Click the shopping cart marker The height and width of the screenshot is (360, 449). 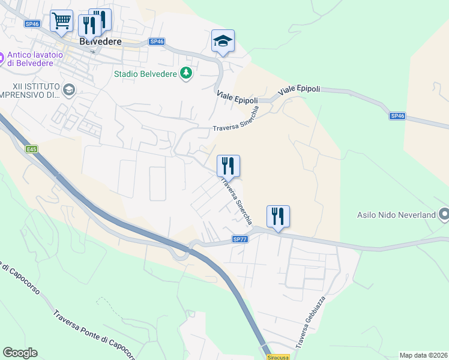(62, 22)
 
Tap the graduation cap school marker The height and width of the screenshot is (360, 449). (223, 41)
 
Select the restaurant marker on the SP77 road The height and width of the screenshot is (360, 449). (278, 215)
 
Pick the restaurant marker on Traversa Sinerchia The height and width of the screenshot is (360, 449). (228, 165)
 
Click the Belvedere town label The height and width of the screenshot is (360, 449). (100, 42)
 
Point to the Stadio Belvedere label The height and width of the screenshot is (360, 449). (145, 74)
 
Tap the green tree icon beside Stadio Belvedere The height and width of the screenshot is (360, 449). (187, 74)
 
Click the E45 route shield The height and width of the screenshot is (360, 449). (32, 149)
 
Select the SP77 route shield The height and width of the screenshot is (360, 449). (240, 239)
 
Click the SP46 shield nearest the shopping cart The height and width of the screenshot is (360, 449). (32, 24)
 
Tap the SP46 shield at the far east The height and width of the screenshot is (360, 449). (397, 116)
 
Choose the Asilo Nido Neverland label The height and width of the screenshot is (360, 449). (396, 214)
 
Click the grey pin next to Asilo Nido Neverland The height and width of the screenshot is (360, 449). (444, 214)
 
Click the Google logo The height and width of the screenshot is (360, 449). (20, 353)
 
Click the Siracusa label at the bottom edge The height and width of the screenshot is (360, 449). (278, 357)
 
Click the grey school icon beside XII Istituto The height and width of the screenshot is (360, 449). (69, 90)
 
